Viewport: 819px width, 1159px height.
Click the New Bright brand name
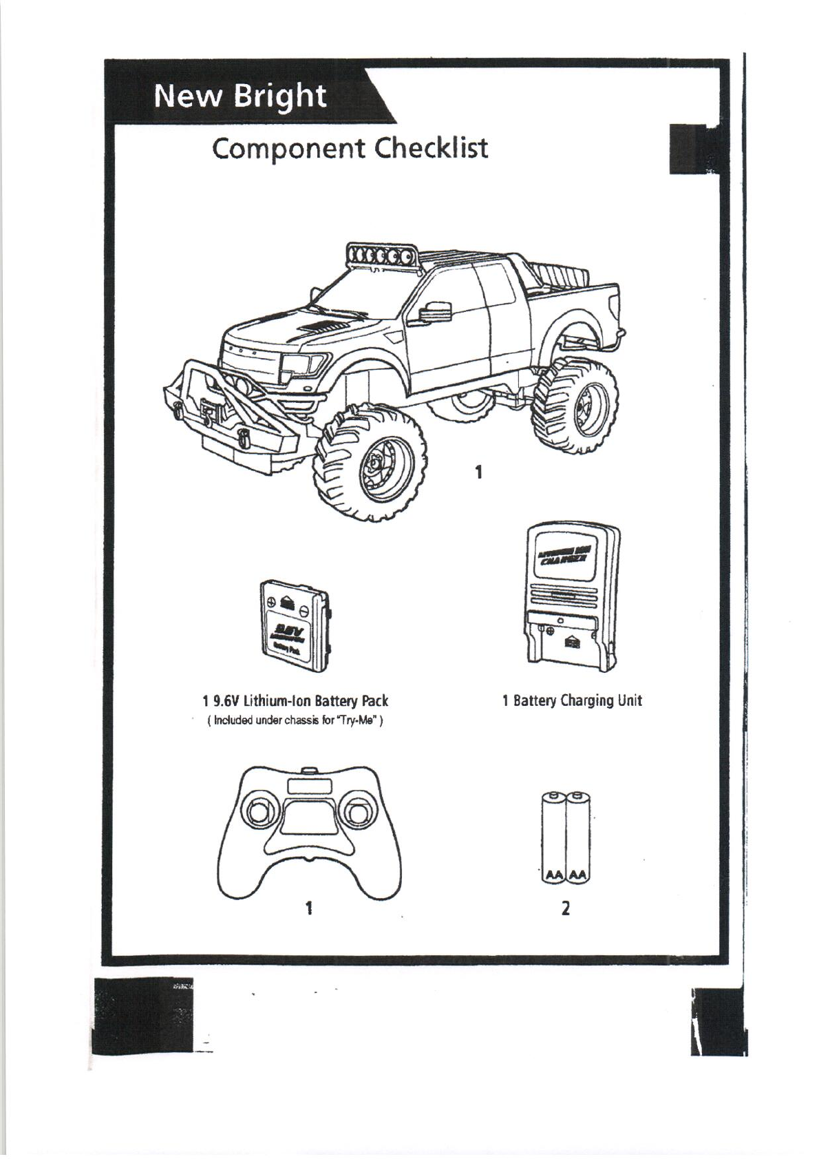[x=240, y=96]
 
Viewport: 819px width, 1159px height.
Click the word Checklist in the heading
[x=431, y=147]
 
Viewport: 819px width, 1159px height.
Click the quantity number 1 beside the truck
[x=478, y=472]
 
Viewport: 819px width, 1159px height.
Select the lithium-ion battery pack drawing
[x=294, y=625]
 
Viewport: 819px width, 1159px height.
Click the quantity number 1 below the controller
[x=310, y=908]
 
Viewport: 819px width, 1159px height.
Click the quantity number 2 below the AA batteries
[x=565, y=908]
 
